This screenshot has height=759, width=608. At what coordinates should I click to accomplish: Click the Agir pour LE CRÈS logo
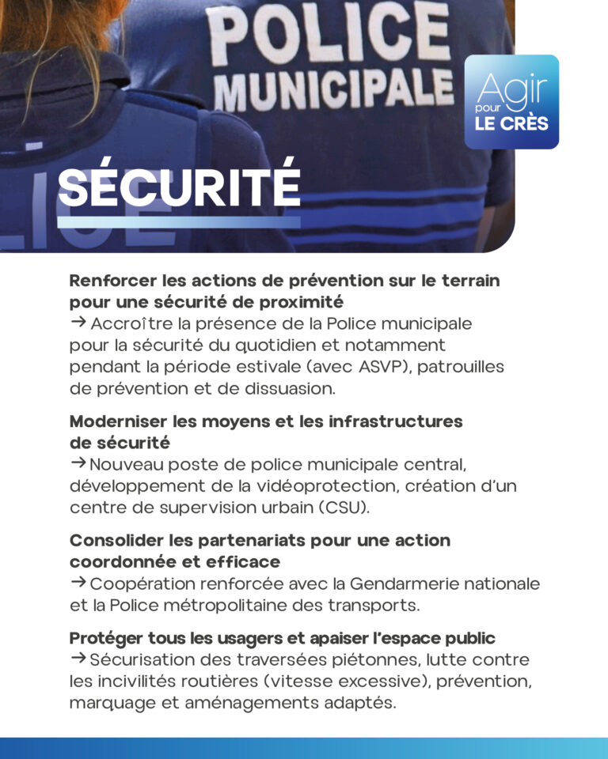tap(511, 102)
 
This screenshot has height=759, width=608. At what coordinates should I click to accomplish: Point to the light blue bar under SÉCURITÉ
tap(179, 222)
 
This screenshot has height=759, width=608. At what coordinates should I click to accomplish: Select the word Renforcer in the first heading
tap(110, 281)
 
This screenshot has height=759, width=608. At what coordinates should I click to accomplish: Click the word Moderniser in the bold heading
tap(115, 421)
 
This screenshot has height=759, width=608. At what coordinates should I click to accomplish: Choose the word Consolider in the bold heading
tap(114, 541)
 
